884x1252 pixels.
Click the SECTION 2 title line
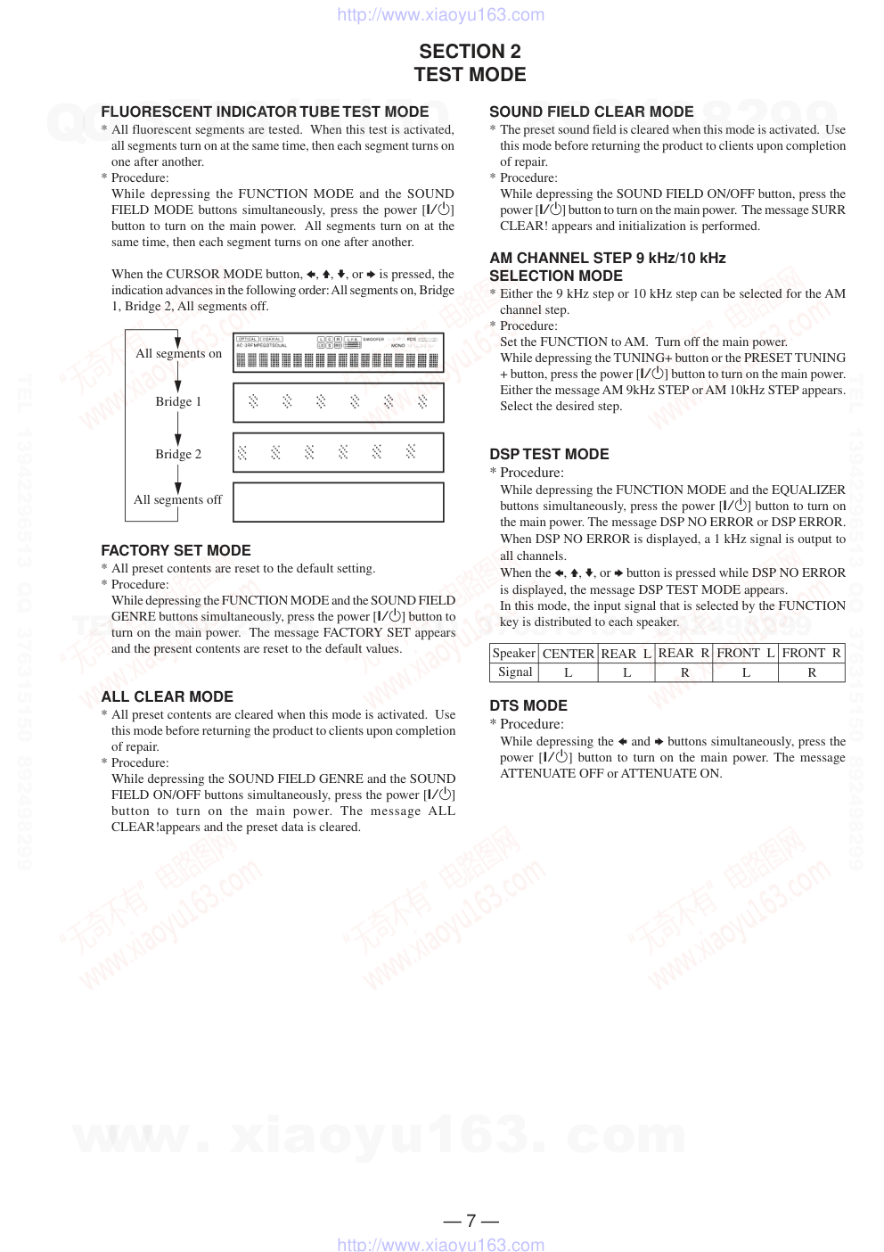pyautogui.click(x=470, y=52)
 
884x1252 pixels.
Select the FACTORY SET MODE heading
pyautogui.click(x=176, y=550)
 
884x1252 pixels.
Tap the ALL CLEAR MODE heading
pyautogui.click(x=167, y=696)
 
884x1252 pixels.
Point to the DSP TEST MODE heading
pyautogui.click(x=549, y=454)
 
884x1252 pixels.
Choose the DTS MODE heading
pyautogui.click(x=528, y=705)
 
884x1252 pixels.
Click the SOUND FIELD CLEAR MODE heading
pyautogui.click(x=591, y=111)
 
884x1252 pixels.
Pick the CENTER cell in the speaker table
pyautogui.click(x=568, y=653)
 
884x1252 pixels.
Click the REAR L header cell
pyautogui.click(x=626, y=653)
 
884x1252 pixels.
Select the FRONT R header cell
pyautogui.click(x=811, y=653)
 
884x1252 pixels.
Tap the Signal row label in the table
pyautogui.click(x=515, y=671)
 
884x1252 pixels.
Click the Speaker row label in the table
pyautogui.click(x=514, y=653)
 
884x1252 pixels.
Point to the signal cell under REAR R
pyautogui.click(x=684, y=672)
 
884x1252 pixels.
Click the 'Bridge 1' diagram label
pyautogui.click(x=178, y=401)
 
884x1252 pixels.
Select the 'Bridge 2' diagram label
pyautogui.click(x=178, y=454)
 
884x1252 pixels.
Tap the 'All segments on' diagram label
pyautogui.click(x=178, y=353)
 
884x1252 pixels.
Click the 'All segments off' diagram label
pyautogui.click(x=177, y=499)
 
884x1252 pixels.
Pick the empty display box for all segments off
pyautogui.click(x=338, y=502)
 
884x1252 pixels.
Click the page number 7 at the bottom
pyautogui.click(x=471, y=1220)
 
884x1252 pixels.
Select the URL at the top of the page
pyautogui.click(x=440, y=14)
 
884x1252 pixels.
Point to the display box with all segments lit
pyautogui.click(x=338, y=353)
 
